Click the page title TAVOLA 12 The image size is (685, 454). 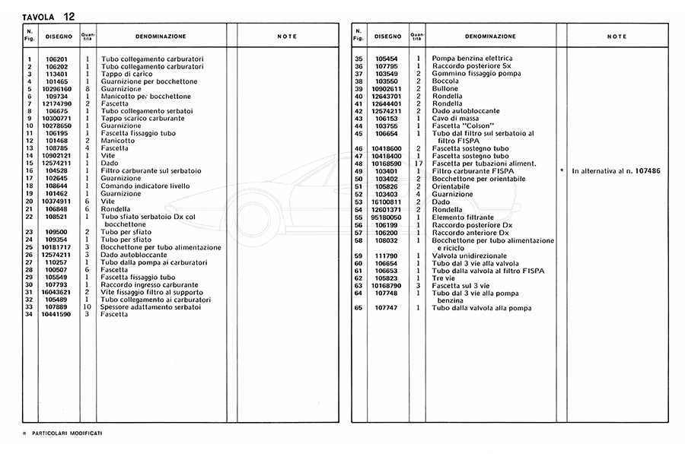49,15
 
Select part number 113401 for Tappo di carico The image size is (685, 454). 57,74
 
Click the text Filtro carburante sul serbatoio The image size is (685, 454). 148,171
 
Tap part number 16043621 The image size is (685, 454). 57,292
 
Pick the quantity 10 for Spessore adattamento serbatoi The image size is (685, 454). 88,307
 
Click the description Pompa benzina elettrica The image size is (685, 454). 472,59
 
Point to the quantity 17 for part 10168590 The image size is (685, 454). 418,164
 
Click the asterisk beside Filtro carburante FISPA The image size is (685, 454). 561,172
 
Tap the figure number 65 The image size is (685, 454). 358,307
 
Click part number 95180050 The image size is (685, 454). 387,217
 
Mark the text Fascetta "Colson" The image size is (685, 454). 464,126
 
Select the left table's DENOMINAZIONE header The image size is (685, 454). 160,37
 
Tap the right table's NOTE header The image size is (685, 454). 616,37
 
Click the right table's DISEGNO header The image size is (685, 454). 387,37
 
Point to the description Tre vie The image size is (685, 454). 444,278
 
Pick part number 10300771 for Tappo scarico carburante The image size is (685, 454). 57,119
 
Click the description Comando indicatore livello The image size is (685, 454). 145,186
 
